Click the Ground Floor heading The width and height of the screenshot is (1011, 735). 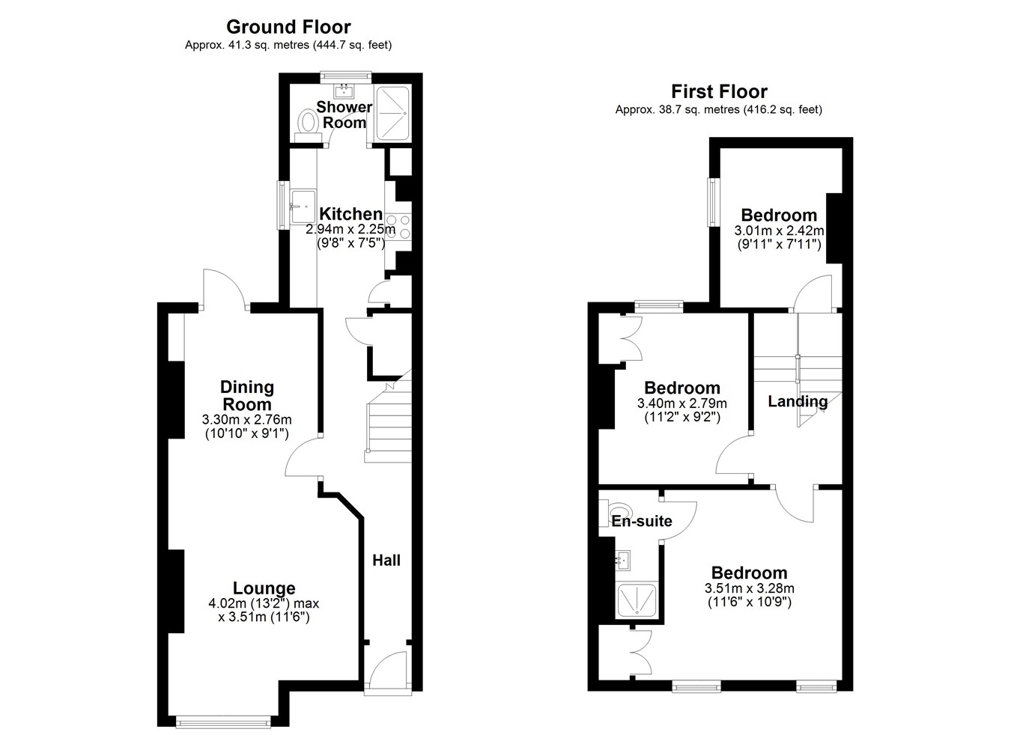coord(288,27)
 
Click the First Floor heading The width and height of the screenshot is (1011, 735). coord(719,91)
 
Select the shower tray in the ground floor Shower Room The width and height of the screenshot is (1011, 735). coord(392,113)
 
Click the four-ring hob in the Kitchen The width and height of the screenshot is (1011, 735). coord(398,227)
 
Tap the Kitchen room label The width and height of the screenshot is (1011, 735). coord(350,213)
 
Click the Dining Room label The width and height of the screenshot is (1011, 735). coord(247,395)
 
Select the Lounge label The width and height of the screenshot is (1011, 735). coord(264,588)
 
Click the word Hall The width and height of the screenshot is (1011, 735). coord(386,561)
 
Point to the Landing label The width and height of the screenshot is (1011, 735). coord(798,401)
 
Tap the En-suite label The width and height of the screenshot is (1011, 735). coord(642,521)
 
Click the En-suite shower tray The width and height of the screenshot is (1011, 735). coord(637,600)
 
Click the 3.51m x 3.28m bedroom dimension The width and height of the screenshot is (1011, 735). coord(749,588)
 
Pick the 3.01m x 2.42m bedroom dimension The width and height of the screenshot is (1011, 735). coord(779,231)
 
